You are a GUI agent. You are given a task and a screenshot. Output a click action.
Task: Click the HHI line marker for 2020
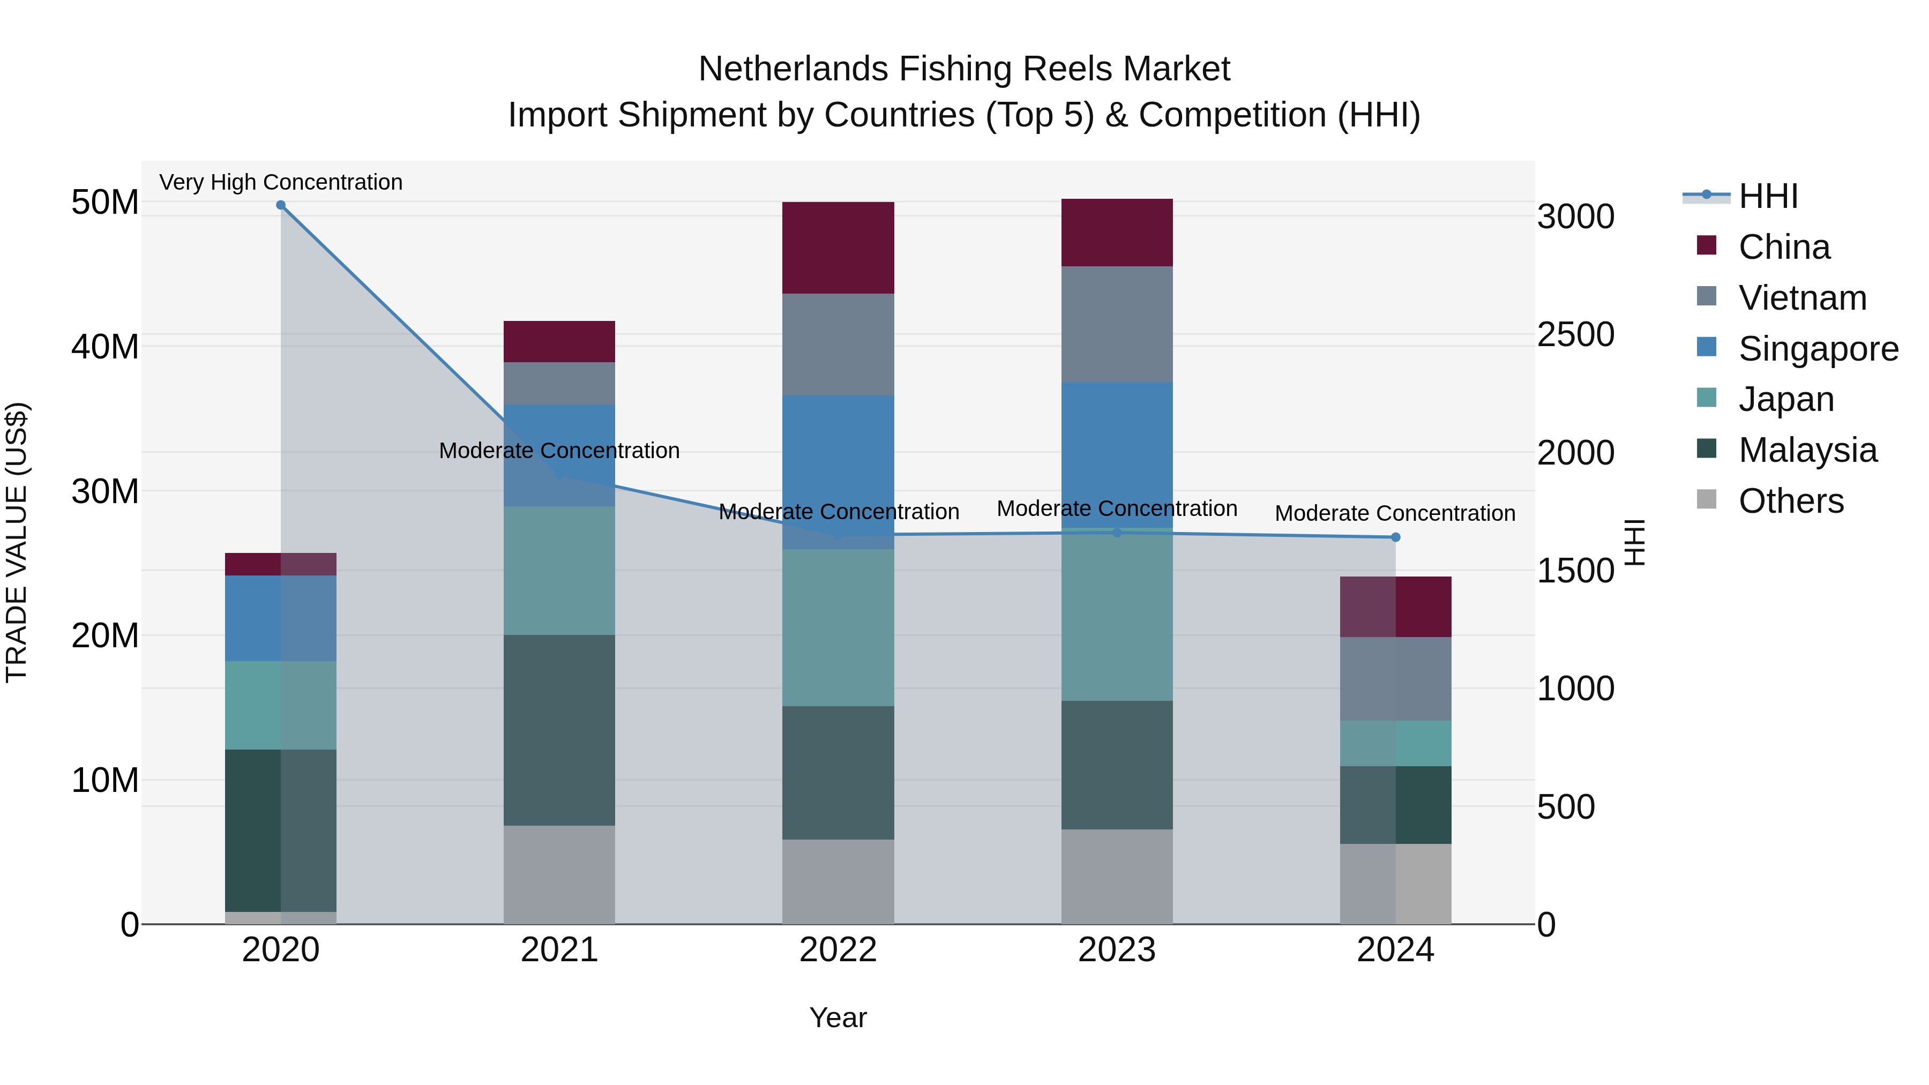[x=281, y=205]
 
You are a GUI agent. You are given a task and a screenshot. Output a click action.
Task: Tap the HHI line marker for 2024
[x=1395, y=537]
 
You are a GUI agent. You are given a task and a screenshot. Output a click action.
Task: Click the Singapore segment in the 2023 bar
[x=1117, y=450]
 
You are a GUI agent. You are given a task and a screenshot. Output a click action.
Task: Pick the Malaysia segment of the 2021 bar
[x=559, y=730]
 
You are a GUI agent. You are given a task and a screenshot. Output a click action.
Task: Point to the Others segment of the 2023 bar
[x=1117, y=876]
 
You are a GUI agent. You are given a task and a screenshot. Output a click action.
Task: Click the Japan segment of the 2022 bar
[x=838, y=627]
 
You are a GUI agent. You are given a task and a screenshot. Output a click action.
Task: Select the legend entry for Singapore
[x=1818, y=349]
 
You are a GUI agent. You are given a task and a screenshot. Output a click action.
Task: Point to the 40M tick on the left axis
[x=105, y=347]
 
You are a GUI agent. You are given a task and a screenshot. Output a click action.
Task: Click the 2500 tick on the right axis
[x=1575, y=335]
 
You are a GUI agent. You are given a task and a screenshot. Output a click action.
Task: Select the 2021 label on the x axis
[x=559, y=950]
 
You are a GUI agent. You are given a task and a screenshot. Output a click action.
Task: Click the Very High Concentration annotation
[x=281, y=182]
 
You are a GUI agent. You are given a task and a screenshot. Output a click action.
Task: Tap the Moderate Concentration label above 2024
[x=1395, y=514]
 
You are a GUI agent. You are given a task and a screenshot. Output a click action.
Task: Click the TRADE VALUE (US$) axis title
[x=17, y=542]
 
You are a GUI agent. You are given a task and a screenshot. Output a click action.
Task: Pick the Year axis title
[x=838, y=1017]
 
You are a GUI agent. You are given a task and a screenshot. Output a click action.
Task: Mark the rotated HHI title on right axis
[x=1635, y=542]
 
